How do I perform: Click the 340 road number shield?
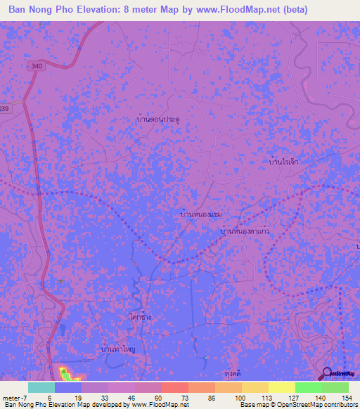point(37,66)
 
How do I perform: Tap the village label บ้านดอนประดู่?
point(158,120)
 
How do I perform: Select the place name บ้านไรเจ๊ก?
point(284,161)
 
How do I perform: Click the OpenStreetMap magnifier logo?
point(328,373)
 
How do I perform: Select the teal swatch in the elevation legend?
point(41,387)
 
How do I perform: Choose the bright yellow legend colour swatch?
point(281,387)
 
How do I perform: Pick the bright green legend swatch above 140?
point(308,387)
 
